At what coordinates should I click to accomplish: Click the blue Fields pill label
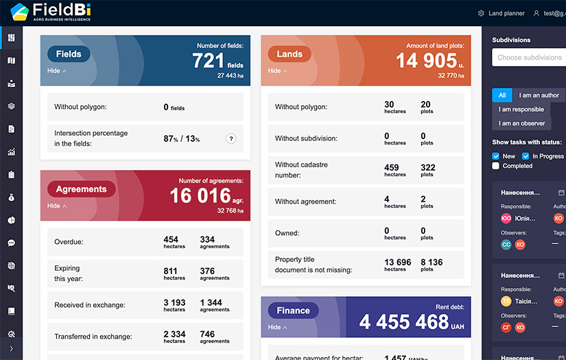tap(69, 54)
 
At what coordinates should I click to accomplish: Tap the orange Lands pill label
tap(290, 54)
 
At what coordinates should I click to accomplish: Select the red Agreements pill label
tap(81, 189)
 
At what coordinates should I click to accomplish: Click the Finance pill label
tap(293, 311)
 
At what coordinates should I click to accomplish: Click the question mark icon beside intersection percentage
tap(231, 139)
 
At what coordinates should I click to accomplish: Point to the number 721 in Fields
tap(209, 61)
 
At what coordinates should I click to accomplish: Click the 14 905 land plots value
tap(426, 61)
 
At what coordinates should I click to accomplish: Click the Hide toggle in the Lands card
tap(278, 71)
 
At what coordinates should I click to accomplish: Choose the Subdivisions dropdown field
tap(528, 58)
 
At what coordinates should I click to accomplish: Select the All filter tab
tap(502, 95)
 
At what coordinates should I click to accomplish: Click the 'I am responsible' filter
tap(521, 109)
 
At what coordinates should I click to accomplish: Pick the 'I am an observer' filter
tap(521, 123)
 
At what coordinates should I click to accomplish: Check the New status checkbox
tap(496, 156)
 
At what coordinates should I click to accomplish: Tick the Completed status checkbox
tap(496, 166)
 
